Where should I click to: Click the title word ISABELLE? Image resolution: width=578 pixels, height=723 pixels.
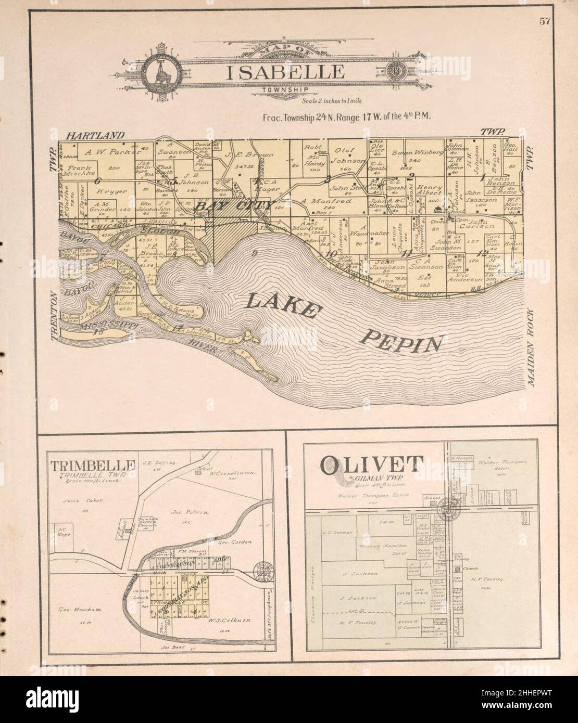pyautogui.click(x=285, y=71)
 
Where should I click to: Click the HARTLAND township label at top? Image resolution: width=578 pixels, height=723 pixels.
pyautogui.click(x=95, y=136)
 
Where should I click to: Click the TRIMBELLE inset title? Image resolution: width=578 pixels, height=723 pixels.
pyautogui.click(x=94, y=465)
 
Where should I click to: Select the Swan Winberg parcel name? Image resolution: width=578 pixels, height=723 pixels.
pyautogui.click(x=417, y=152)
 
